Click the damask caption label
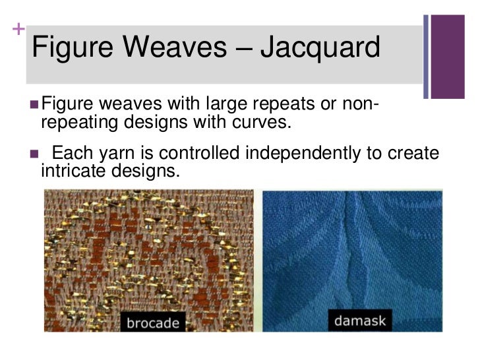[x=359, y=322]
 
